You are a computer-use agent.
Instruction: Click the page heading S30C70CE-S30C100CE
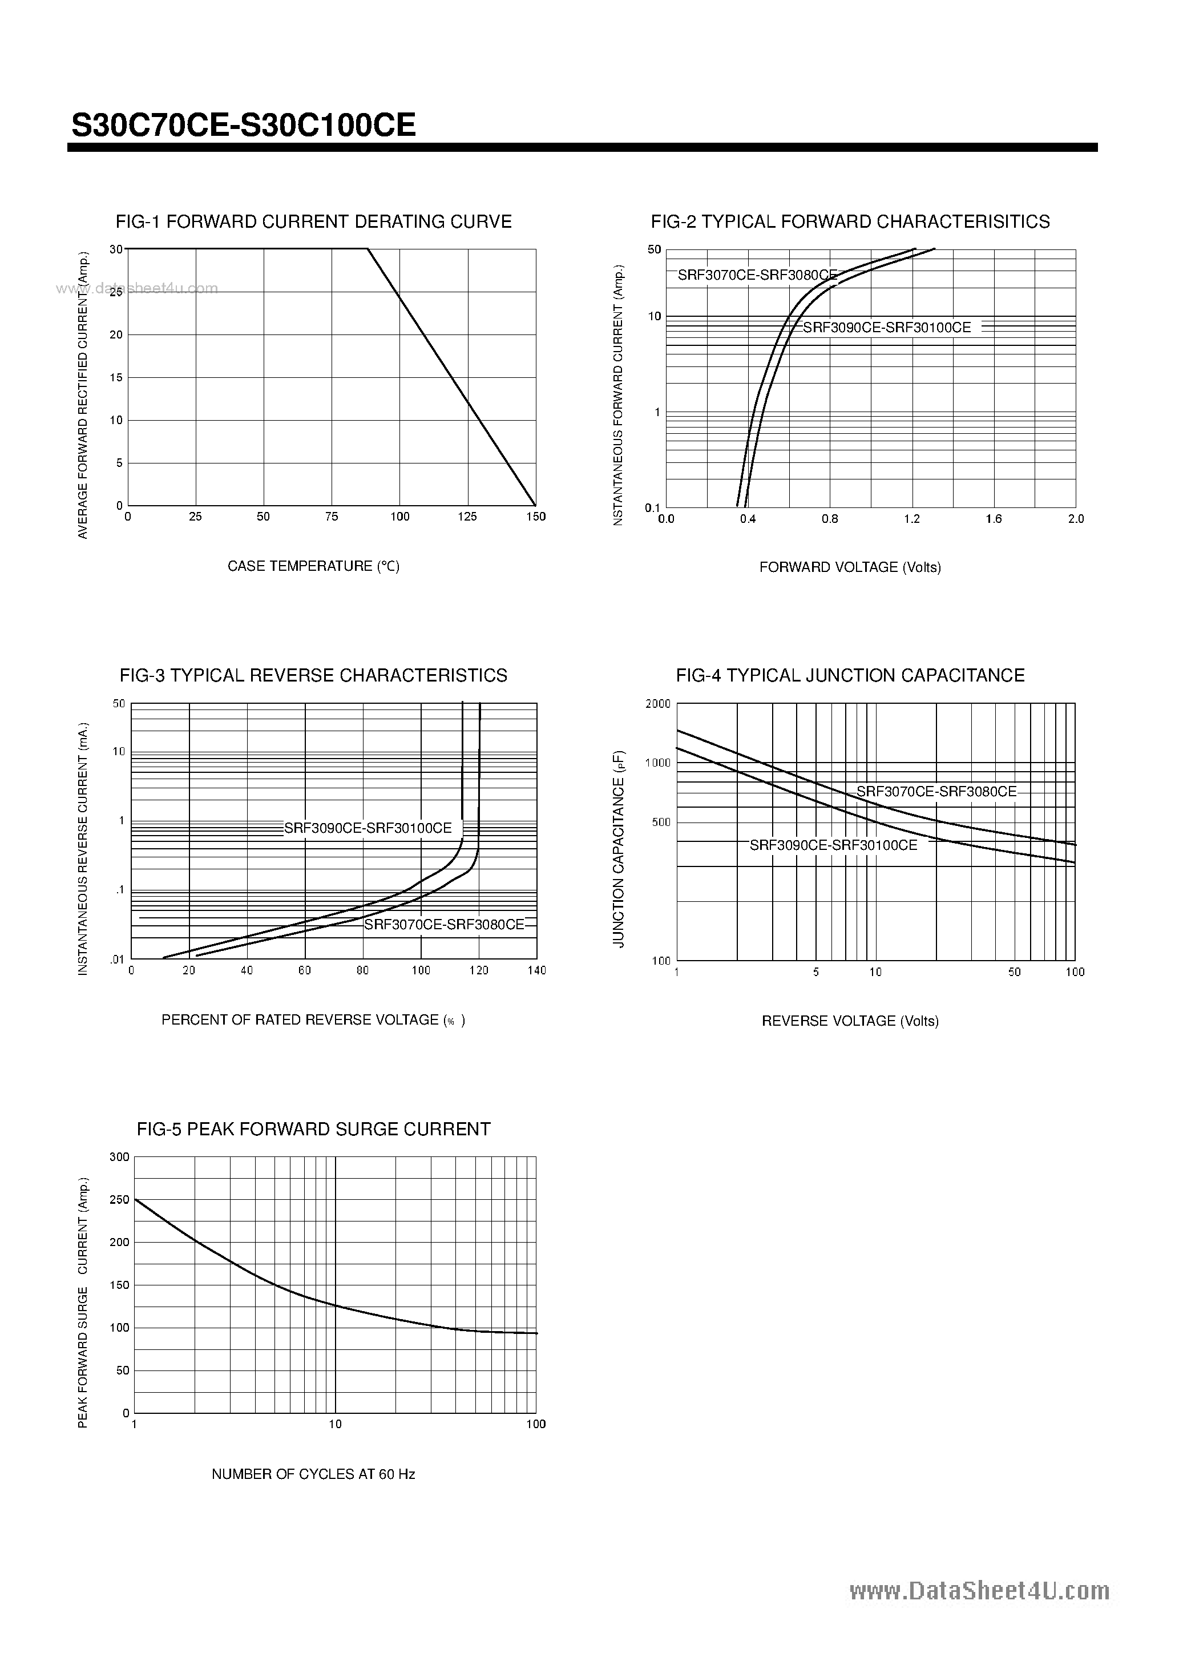244,126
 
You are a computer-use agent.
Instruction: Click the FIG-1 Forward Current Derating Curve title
313,221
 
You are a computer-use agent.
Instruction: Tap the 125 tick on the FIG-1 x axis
467,517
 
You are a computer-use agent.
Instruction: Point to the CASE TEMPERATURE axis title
313,566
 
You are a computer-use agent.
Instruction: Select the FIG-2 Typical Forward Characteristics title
850,221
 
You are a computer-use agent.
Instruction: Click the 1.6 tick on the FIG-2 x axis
994,519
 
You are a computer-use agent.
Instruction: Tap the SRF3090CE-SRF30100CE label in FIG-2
887,328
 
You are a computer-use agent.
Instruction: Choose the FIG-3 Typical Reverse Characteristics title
313,675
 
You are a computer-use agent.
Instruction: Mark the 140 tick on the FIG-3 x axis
536,970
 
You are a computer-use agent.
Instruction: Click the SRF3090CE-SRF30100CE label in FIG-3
368,828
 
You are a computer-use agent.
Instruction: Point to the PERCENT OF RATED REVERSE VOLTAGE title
313,1021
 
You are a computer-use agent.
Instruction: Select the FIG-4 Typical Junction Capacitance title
850,675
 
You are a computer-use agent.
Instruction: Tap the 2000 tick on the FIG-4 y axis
658,704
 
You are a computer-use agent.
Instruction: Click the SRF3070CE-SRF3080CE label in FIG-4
936,792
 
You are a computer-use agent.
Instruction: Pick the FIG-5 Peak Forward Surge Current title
313,1129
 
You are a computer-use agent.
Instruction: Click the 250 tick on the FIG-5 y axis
119,1200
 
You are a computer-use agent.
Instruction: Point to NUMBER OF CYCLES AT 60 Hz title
313,1474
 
